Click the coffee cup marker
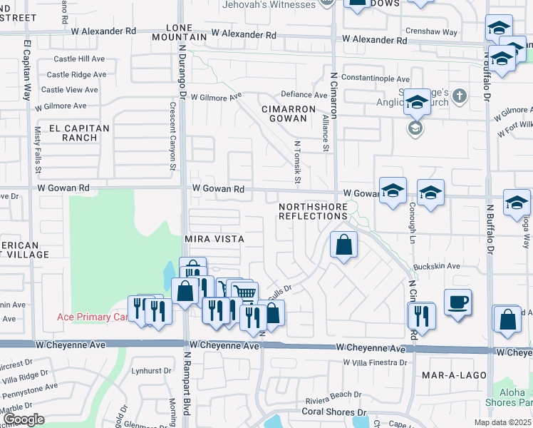click(x=457, y=300)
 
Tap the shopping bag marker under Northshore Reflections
click(x=343, y=245)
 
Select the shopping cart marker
click(x=244, y=292)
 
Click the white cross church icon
click(x=460, y=95)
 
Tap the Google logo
click(x=23, y=419)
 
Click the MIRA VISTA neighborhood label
click(x=214, y=239)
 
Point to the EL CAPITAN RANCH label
click(x=79, y=133)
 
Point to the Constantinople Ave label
click(x=376, y=78)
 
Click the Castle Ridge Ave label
click(x=76, y=74)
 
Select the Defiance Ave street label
click(x=304, y=94)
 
